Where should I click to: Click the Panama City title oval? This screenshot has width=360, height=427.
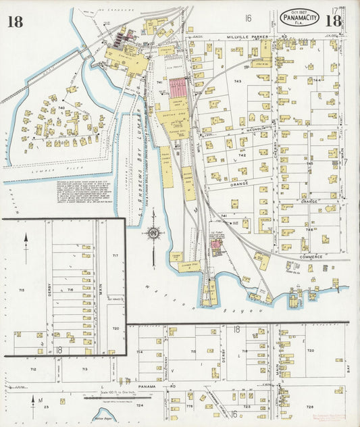pos(301,19)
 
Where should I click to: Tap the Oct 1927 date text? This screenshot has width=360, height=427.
pos(301,11)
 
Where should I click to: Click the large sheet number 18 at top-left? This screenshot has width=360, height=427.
pos(15,22)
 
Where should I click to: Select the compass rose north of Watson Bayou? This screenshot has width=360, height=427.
pos(154,234)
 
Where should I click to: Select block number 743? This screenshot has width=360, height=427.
pos(237,81)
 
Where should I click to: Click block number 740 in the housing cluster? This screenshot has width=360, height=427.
pos(61,107)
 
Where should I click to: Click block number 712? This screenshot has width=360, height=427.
pos(32,370)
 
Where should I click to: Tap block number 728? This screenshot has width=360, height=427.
pos(309,407)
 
